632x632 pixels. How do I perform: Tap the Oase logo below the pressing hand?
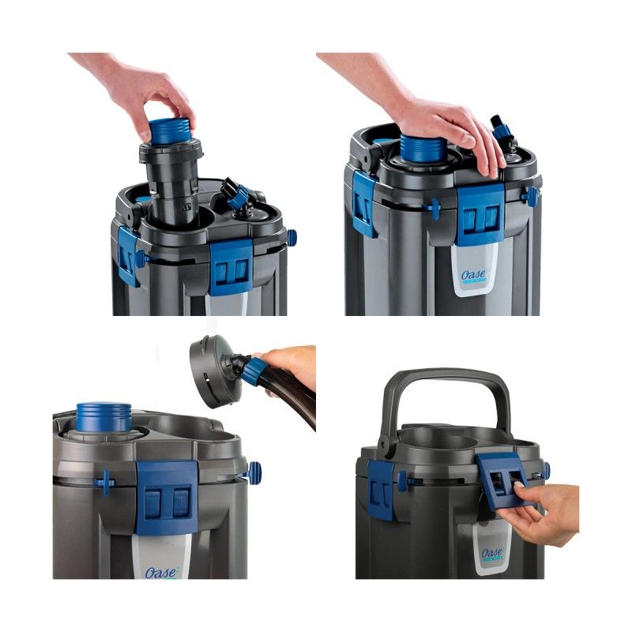[x=474, y=276]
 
